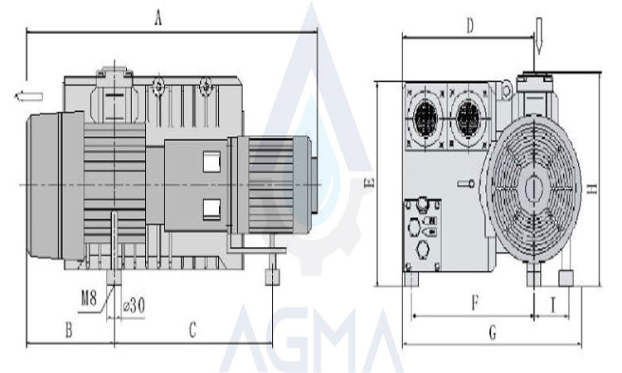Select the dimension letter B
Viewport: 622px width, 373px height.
pos(69,330)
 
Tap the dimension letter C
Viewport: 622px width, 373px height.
pos(192,330)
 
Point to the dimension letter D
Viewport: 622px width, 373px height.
pos(469,26)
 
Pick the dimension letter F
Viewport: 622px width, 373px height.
pos(474,303)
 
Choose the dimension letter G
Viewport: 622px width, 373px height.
pos(492,333)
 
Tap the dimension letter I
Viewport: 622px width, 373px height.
pos(554,303)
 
